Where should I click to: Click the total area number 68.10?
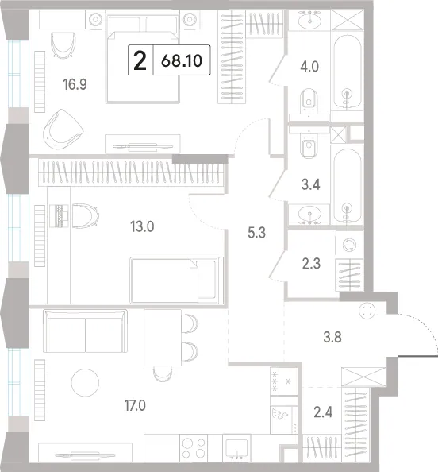(181, 61)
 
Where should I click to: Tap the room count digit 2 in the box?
(140, 60)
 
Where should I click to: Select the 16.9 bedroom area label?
(75, 84)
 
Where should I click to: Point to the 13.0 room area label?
(142, 226)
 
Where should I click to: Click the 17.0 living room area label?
(135, 405)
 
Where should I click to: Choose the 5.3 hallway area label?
(257, 233)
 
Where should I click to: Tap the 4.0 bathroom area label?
(309, 67)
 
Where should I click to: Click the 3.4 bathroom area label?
(311, 184)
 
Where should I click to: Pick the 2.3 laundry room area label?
(311, 264)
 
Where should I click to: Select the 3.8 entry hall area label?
(332, 337)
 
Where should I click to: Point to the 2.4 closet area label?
(323, 412)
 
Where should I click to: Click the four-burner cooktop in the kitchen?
(194, 448)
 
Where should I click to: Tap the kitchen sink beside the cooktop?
(236, 448)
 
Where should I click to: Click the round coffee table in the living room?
(85, 382)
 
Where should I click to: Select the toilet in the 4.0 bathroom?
(309, 102)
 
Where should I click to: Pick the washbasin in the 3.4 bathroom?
(309, 215)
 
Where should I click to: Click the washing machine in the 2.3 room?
(350, 245)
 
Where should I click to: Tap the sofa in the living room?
(85, 331)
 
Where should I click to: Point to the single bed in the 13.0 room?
(177, 280)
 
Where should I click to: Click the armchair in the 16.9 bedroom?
(63, 130)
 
